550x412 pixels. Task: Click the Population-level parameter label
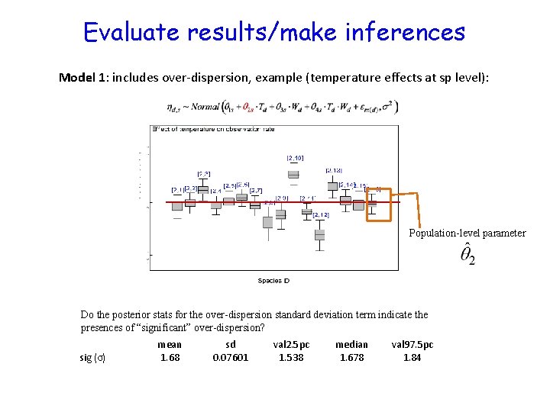[467, 233]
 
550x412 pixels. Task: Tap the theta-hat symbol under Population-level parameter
[467, 255]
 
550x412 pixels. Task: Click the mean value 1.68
[170, 357]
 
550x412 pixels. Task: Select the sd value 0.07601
[230, 357]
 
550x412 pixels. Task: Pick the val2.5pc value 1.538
[291, 357]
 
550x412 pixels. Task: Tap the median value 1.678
[351, 357]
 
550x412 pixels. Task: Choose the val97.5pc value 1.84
[412, 357]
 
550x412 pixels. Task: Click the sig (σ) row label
[92, 357]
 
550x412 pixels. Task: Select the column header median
[351, 344]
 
